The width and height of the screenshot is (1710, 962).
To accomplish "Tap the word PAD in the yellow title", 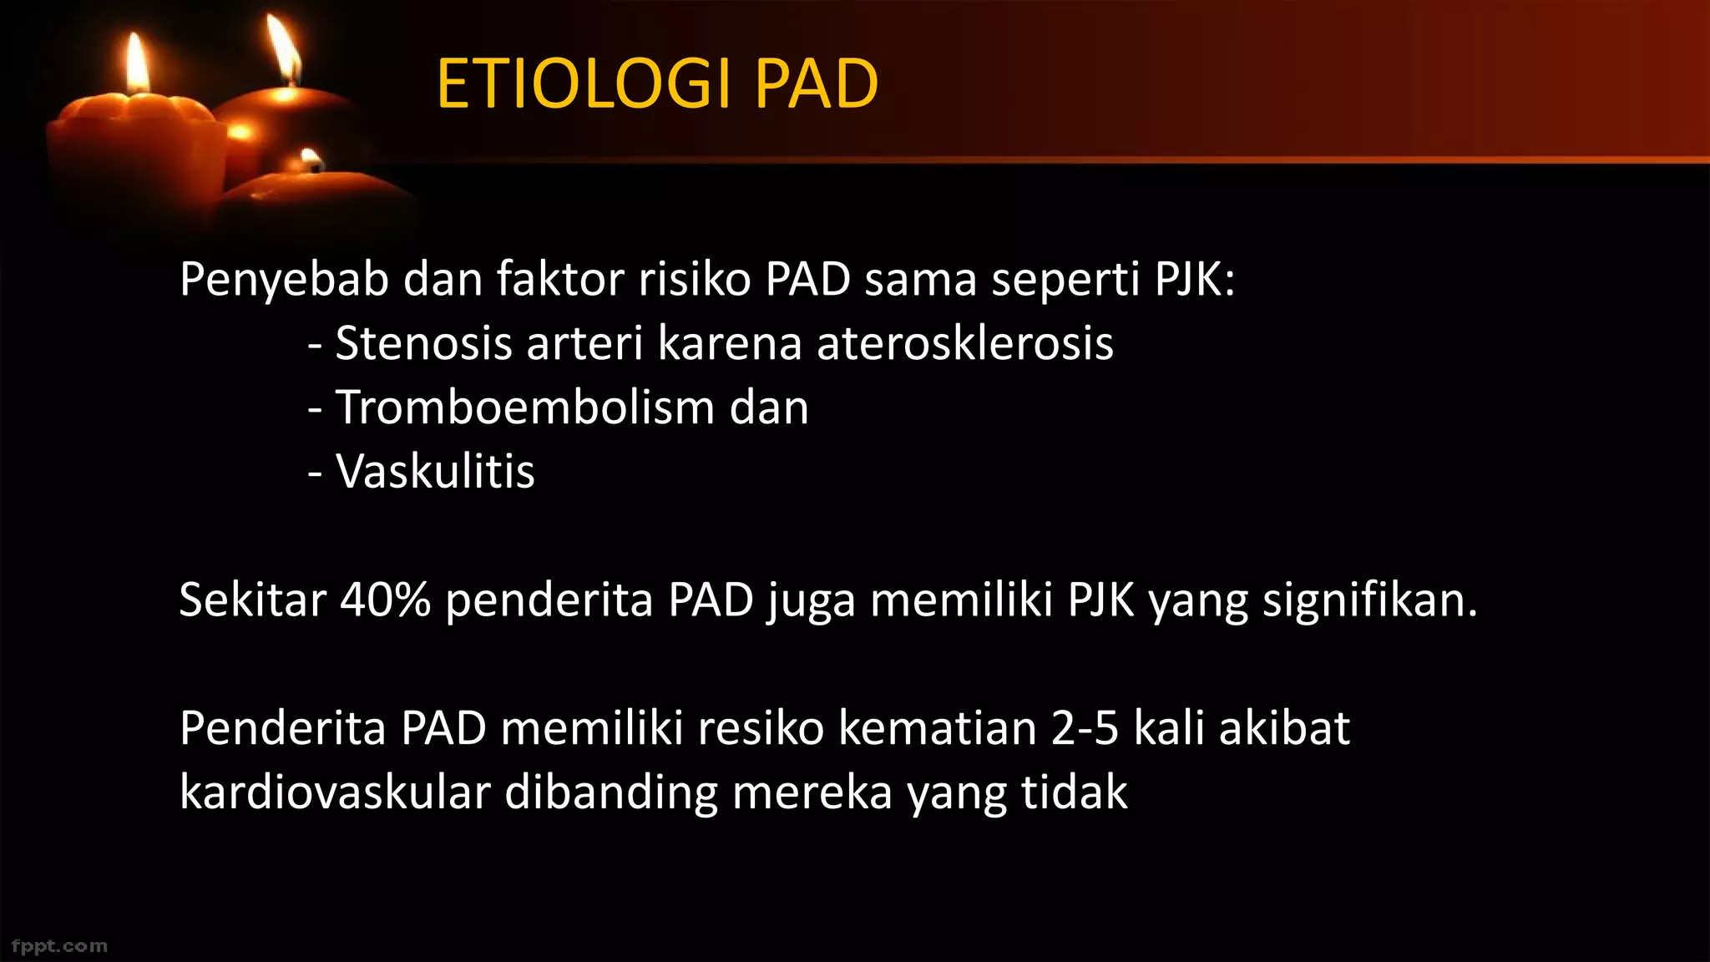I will pos(816,84).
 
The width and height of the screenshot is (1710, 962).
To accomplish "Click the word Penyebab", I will pos(284,280).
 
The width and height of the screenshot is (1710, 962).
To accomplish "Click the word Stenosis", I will pos(423,343).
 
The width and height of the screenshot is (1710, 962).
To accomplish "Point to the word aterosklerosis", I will pos(964,343).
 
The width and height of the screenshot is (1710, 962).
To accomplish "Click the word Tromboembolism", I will pos(524,408).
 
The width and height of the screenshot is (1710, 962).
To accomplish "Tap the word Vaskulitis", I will pos(434,472).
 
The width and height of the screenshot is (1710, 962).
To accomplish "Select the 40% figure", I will pos(385,600).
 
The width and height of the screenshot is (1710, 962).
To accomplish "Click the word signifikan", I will pos(1369,600).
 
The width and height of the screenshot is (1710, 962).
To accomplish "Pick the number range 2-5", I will pos(1084,728).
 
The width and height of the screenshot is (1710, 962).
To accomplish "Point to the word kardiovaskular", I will pos(335,792).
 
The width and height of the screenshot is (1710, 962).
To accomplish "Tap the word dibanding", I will pos(610,792).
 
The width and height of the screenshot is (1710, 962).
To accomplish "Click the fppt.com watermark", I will pos(59,946).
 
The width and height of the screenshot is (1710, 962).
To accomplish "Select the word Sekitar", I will pos(251,600).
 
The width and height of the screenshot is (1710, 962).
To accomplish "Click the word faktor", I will pos(559,280).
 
